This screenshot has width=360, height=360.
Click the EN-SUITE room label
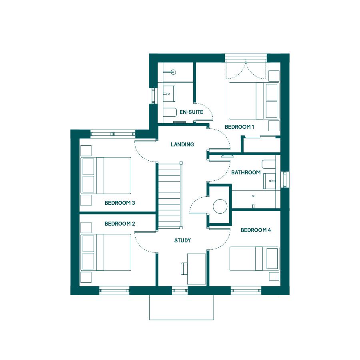(x=191, y=112)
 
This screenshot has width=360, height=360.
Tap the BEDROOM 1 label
(x=239, y=127)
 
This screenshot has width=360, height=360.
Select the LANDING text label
(x=182, y=144)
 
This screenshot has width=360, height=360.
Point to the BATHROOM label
(x=246, y=172)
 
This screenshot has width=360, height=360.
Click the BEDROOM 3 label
(x=120, y=203)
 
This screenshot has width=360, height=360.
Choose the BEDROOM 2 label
(x=120, y=224)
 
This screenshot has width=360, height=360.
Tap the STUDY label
(x=182, y=240)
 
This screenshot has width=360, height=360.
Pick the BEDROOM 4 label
(x=256, y=230)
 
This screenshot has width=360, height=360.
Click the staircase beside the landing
(x=170, y=196)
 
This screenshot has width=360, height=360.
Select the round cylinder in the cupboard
(x=220, y=206)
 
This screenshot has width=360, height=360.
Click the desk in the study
(x=196, y=269)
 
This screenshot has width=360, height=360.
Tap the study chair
(x=184, y=269)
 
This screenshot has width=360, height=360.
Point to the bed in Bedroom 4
(x=254, y=258)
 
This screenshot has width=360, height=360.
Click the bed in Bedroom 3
(x=106, y=176)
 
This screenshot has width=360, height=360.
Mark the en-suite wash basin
(x=169, y=94)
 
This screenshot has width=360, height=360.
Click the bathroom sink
(x=270, y=181)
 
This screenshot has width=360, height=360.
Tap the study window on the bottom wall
(x=180, y=290)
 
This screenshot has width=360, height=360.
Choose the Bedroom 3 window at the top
(x=113, y=134)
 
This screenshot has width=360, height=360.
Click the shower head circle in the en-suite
(x=173, y=72)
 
